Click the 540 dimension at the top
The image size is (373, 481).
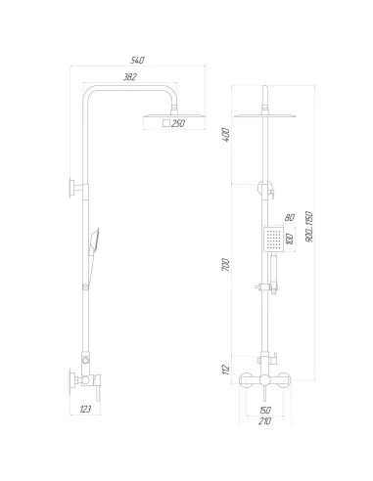click(137, 61)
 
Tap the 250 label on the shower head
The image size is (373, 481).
click(178, 123)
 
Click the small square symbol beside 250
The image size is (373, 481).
click(165, 123)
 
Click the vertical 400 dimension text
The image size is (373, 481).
click(225, 135)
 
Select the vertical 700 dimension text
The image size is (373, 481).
click(225, 267)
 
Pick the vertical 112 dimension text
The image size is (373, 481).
click(225, 369)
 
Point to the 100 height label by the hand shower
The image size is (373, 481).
click(290, 238)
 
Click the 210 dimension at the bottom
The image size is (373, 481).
click(264, 421)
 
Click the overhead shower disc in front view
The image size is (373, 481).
click(264, 111)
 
